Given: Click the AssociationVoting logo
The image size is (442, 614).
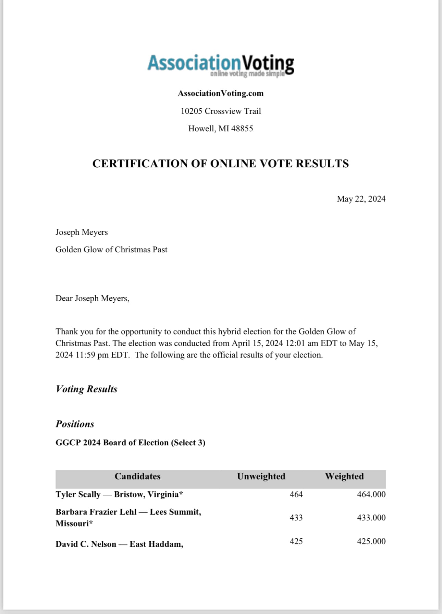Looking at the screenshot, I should tap(221, 65).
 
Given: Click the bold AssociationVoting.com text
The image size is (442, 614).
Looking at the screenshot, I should tap(221, 93).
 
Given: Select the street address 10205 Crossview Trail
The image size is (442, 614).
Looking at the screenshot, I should tap(221, 111).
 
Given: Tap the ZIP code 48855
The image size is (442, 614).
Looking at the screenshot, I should tap(242, 129).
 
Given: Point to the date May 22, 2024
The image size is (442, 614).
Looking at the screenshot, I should tap(361, 199).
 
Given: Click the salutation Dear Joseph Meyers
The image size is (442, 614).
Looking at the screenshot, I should tap(92, 298).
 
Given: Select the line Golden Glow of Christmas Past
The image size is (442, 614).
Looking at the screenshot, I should tap(111, 250).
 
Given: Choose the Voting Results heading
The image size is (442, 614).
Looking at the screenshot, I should tap(86, 389).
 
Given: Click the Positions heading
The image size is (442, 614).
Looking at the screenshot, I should tap(75, 424).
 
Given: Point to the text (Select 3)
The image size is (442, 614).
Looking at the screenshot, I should tap(188, 443).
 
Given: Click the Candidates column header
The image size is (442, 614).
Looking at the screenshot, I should tap(137, 476).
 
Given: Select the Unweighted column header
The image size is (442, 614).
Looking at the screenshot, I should tap(261, 476).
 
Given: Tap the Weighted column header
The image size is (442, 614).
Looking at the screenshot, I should tap(344, 476).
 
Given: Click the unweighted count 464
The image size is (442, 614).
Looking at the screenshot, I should tap(296, 494).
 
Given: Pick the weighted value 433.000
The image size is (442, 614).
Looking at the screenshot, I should tap(371, 518).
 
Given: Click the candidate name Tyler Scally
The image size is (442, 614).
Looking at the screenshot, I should tap(78, 494).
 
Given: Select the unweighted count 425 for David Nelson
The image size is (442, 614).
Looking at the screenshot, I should tap(296, 541).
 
